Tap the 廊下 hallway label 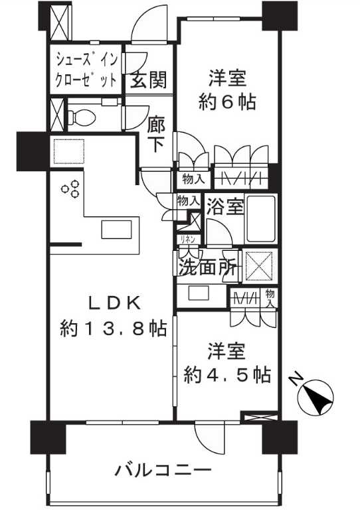[x=155, y=135]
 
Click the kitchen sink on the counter [x=117, y=230]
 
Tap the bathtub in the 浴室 [x=260, y=218]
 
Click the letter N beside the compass [x=296, y=381]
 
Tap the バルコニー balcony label [x=163, y=472]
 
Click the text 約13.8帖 [x=112, y=328]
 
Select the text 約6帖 [x=227, y=103]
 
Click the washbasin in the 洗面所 [x=199, y=292]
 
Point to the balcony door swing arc [x=210, y=438]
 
